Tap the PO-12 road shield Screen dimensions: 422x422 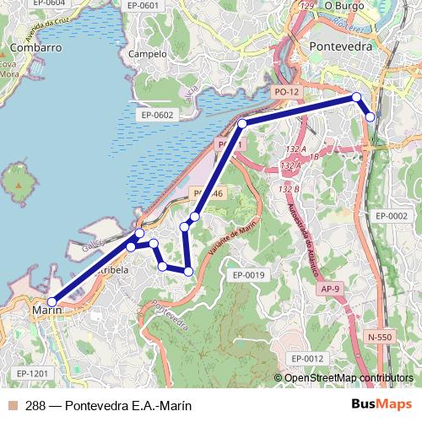287,91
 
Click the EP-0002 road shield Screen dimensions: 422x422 391,216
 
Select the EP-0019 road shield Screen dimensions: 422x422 249,275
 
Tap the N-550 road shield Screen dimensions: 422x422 381,337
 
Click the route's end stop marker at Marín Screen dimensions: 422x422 52,301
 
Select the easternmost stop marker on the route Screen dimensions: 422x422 370,116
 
